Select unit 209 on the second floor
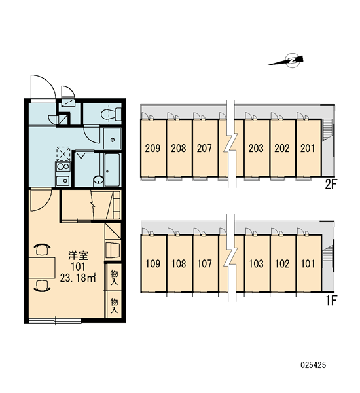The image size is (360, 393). click(x=153, y=148)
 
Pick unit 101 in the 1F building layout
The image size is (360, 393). click(x=309, y=263)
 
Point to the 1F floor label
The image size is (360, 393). click(x=331, y=301)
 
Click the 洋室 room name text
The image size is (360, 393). click(x=78, y=255)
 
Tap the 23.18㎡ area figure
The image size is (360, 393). click(x=78, y=278)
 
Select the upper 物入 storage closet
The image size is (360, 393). click(x=114, y=277)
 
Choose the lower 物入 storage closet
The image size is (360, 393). click(x=114, y=305)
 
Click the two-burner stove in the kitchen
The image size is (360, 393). click(x=63, y=166)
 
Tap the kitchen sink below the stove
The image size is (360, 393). click(x=63, y=181)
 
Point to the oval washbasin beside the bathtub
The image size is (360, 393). click(x=98, y=179)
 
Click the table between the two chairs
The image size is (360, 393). click(x=42, y=268)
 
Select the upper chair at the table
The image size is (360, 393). click(x=42, y=250)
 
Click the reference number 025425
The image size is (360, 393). click(x=314, y=365)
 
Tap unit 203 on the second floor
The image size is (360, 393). click(x=256, y=148)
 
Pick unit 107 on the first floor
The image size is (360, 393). click(x=205, y=263)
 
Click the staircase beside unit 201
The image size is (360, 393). click(x=327, y=130)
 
